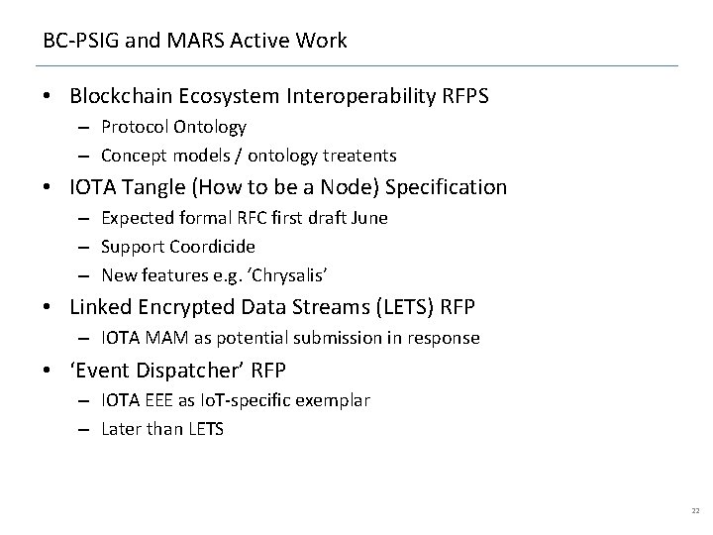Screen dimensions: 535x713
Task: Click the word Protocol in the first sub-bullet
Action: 135,127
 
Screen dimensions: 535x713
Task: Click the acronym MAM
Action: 161,338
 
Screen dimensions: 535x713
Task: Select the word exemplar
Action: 335,400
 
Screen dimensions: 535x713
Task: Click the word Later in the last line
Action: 121,428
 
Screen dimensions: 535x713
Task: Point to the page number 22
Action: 694,510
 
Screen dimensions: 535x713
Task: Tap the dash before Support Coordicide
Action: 85,246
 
